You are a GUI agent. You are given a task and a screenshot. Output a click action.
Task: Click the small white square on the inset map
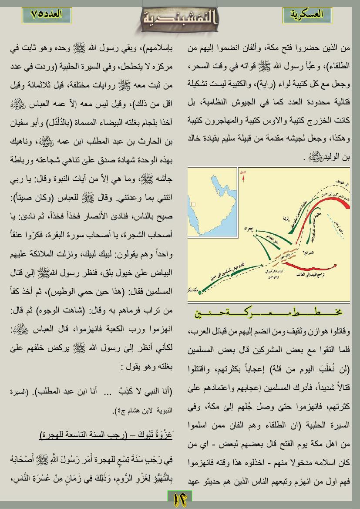pyautogui.click(x=193, y=204)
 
